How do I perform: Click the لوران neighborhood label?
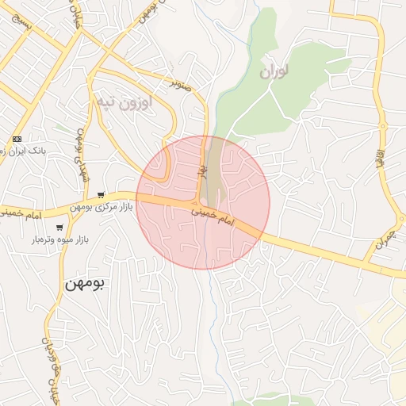click(x=272, y=71)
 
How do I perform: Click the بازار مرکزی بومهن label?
click(x=102, y=208)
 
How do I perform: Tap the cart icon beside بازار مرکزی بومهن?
click(x=101, y=195)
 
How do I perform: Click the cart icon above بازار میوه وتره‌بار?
click(x=59, y=228)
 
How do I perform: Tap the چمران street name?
click(x=385, y=236)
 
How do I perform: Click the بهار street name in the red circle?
click(x=203, y=169)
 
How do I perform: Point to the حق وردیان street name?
click(x=49, y=365)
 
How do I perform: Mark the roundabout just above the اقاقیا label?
click(x=383, y=126)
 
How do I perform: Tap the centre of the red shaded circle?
click(x=203, y=202)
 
